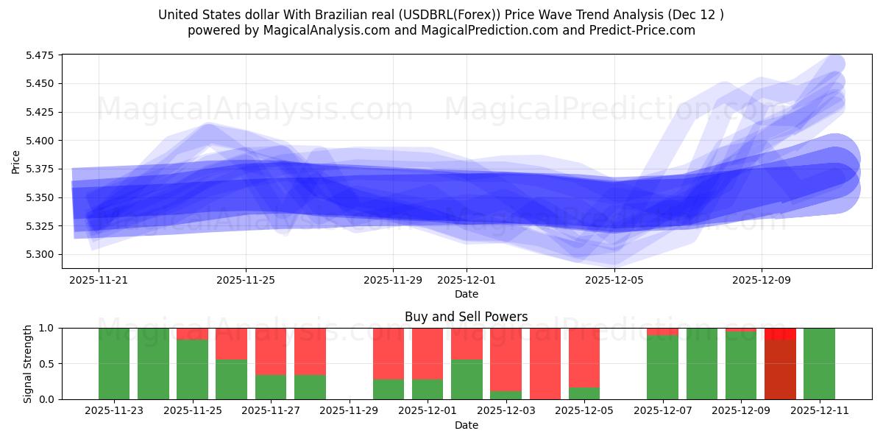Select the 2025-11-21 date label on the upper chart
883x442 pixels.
pyautogui.click(x=99, y=280)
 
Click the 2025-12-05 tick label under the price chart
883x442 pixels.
pyautogui.click(x=614, y=280)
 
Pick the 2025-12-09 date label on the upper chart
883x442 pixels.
pyautogui.click(x=761, y=280)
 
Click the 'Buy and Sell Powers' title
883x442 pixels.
pyautogui.click(x=466, y=317)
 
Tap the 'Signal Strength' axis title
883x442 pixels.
pyautogui.click(x=27, y=363)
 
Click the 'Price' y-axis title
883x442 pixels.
pyautogui.click(x=16, y=161)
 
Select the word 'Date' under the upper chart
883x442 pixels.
pyautogui.click(x=466, y=294)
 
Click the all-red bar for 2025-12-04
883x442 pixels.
pyautogui.click(x=545, y=363)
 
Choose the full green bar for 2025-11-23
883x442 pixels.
pyautogui.click(x=114, y=363)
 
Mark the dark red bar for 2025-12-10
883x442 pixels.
pyautogui.click(x=780, y=368)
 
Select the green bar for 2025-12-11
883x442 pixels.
pyautogui.click(x=819, y=363)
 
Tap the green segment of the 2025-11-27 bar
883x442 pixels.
pyautogui.click(x=271, y=387)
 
